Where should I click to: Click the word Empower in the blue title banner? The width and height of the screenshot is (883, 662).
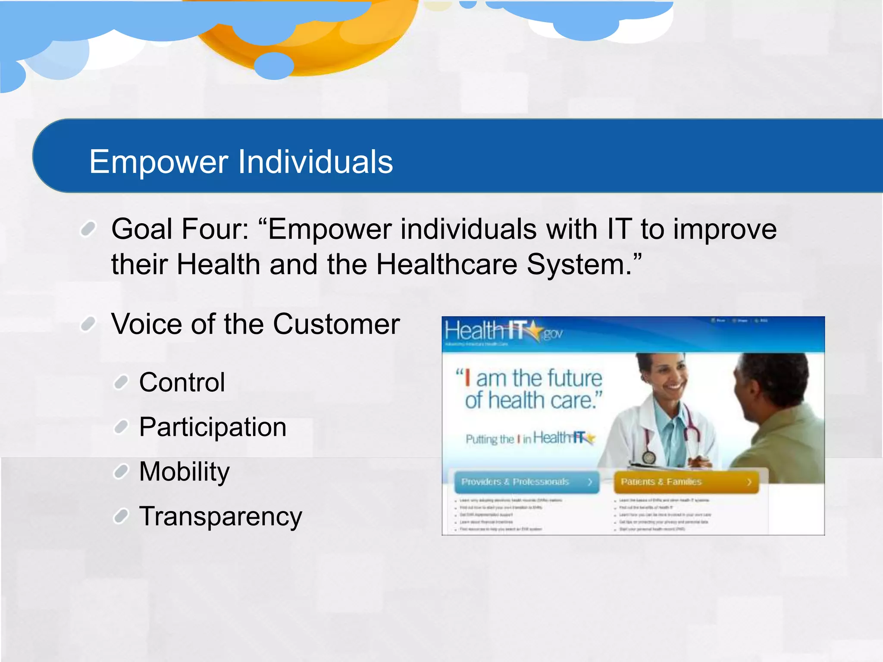pos(159,162)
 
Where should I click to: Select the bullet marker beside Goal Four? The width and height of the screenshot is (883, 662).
pos(88,229)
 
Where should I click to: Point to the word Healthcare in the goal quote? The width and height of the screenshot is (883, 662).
pos(446,264)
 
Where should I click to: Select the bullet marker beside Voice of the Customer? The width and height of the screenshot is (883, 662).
pos(88,324)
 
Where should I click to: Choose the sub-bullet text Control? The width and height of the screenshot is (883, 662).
pos(182,382)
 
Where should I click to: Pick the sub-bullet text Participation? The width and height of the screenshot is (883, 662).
pos(213,427)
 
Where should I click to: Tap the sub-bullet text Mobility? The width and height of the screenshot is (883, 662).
pos(184,472)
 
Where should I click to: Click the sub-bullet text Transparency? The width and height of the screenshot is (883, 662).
pos(220,516)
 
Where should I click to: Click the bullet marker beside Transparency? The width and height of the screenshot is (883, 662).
pos(121,516)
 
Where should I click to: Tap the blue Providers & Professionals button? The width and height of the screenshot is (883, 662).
pos(526,482)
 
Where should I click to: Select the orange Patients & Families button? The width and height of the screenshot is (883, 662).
pos(686,482)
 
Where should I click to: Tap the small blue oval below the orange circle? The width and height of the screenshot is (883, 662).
pos(274,66)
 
